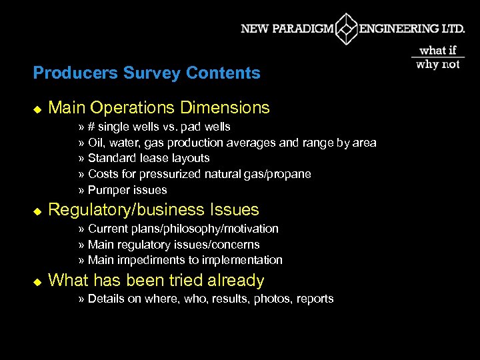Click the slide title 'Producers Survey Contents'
tap(147, 73)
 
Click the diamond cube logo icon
tap(346, 29)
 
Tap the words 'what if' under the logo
tap(438, 51)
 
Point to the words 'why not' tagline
tap(438, 65)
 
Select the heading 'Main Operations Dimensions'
tap(159, 107)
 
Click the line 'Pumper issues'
tap(127, 190)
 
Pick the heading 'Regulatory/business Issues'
tap(153, 209)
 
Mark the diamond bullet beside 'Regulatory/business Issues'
tap(37, 211)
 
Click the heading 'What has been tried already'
tap(156, 281)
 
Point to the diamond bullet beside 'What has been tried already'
tap(37, 282)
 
